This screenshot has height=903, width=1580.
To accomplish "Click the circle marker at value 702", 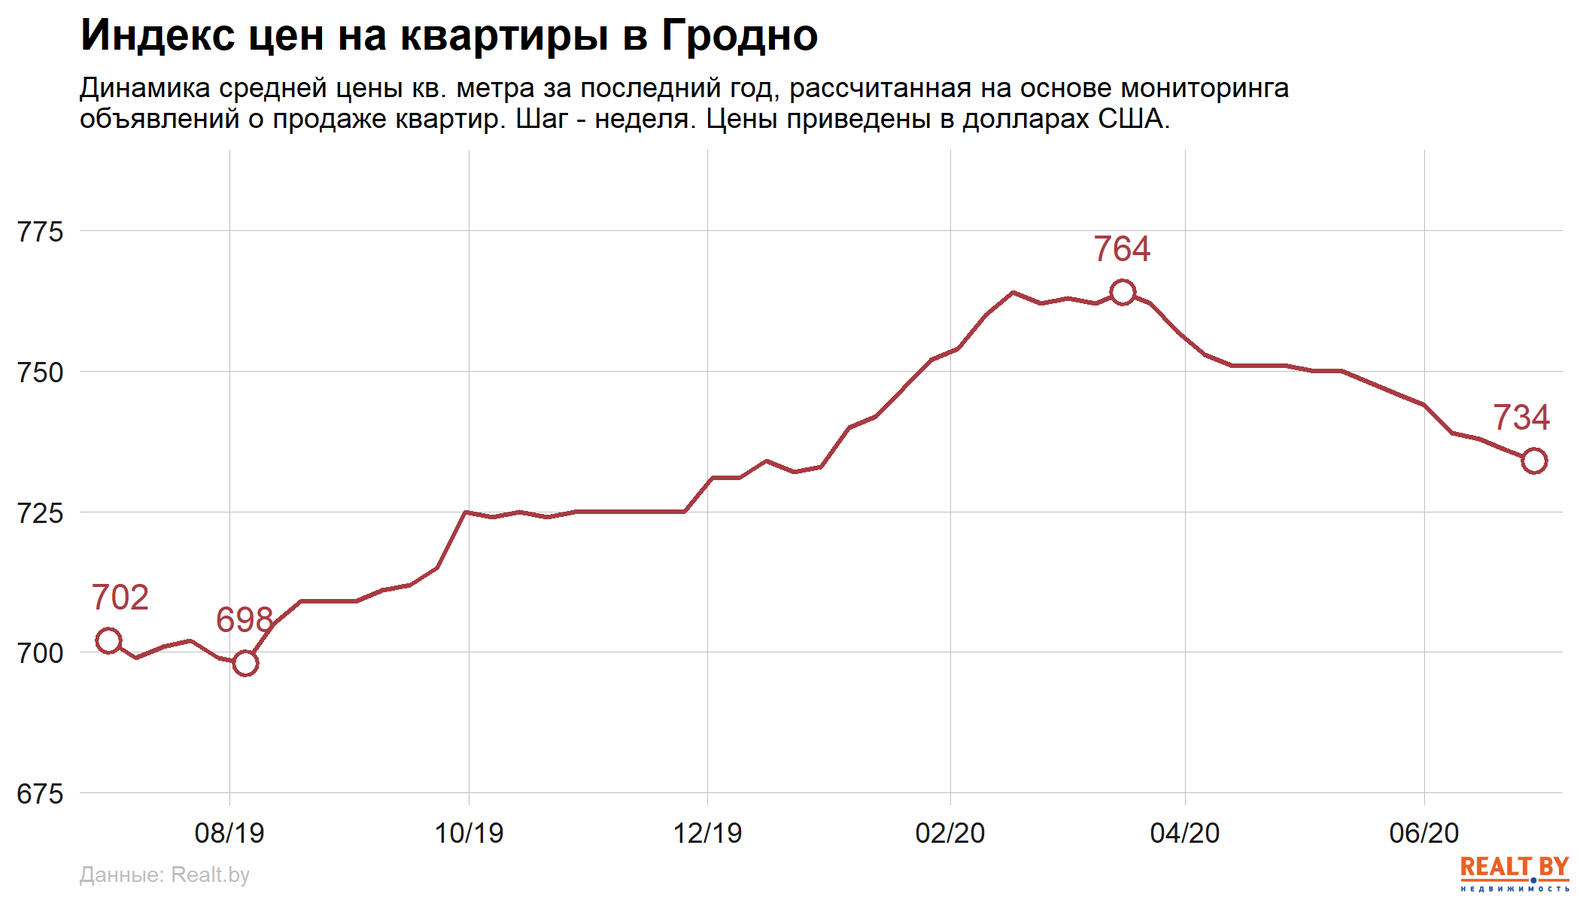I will [x=108, y=640].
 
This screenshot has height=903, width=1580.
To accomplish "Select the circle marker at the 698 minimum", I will [x=245, y=663].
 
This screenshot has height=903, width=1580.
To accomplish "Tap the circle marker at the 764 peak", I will [x=1123, y=292].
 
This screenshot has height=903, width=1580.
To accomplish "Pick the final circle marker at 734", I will [x=1534, y=461].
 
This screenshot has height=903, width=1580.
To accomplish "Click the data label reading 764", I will [x=1122, y=249].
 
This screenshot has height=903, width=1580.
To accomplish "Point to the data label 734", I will [x=1521, y=418].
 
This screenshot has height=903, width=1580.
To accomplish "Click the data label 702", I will [x=120, y=597].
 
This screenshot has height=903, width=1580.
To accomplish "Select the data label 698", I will [x=244, y=620].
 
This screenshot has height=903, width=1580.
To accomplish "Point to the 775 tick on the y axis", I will [x=41, y=232].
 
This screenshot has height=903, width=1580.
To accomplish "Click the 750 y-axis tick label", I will [x=41, y=372].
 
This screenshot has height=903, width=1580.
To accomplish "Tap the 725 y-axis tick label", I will [x=41, y=513].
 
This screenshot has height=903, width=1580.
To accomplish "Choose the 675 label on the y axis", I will [x=41, y=794].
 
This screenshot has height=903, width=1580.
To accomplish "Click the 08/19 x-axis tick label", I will [x=229, y=833].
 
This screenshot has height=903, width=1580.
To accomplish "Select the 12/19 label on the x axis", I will [x=707, y=833].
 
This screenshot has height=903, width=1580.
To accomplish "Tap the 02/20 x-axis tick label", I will [x=950, y=833].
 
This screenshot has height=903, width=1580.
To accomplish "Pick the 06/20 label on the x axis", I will [x=1424, y=833].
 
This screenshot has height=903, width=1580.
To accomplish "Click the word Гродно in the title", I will [x=740, y=35].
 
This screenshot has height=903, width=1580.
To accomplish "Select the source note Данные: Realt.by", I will [x=164, y=874].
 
